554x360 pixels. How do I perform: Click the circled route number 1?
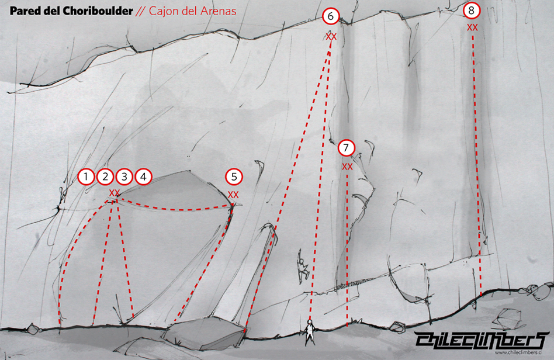[x=86, y=176]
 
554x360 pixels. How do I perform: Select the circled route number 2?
[x=105, y=176]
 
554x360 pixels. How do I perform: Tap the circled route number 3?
[x=124, y=176]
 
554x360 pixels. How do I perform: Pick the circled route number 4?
[x=143, y=176]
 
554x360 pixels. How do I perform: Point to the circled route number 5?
[x=234, y=176]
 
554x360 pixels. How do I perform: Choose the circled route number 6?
[x=331, y=16]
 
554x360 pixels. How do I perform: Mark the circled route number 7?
[x=346, y=148]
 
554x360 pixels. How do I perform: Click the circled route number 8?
[x=472, y=11]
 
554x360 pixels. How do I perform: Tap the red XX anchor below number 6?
[x=331, y=36]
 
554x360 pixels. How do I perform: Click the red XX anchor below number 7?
[x=347, y=167]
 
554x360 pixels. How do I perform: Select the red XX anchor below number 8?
[x=472, y=27]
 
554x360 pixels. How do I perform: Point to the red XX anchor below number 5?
[x=233, y=195]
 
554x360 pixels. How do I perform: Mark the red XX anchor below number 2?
[x=115, y=193]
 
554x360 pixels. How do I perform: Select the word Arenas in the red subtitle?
[x=217, y=11]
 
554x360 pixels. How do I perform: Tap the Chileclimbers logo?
[x=482, y=340]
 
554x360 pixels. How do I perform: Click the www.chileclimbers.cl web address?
[x=518, y=352]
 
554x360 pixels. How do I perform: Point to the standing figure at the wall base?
[x=310, y=332]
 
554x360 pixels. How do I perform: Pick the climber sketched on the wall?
[x=302, y=267]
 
